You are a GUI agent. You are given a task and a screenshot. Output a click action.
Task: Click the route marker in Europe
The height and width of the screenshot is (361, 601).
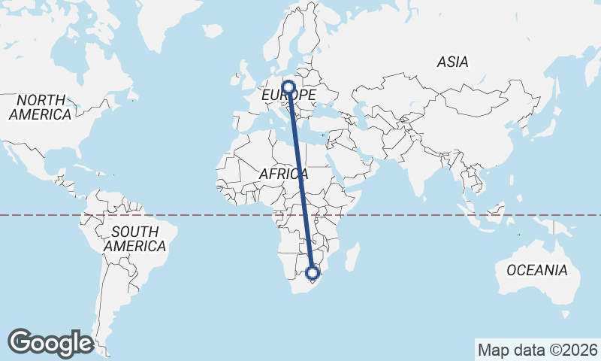288,86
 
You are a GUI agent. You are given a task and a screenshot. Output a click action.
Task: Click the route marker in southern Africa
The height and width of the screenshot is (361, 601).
313,272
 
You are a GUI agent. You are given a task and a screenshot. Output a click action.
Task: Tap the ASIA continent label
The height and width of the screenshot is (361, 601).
452,62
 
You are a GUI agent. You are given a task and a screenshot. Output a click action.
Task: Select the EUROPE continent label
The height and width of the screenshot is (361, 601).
288,96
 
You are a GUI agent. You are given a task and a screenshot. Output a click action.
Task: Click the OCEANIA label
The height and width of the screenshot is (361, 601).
537,270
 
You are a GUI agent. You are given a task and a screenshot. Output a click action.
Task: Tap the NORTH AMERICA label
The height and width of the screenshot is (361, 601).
41,108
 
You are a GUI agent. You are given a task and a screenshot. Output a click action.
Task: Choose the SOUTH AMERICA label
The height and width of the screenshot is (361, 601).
134,238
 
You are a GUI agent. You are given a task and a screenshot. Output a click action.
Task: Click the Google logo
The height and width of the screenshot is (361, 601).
50,342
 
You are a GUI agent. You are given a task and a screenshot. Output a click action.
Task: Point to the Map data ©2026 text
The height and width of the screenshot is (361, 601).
538,350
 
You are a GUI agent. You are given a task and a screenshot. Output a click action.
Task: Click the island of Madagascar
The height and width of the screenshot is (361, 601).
349,261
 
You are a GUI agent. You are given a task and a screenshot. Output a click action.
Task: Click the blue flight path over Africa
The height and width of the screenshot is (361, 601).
300,180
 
